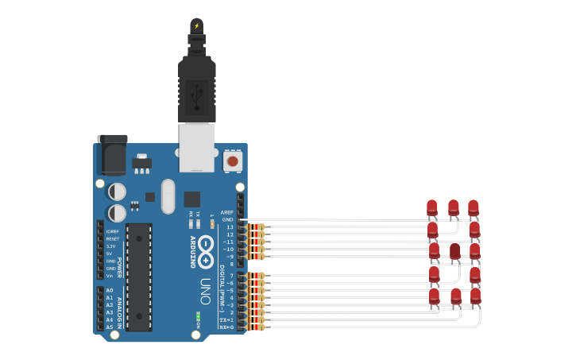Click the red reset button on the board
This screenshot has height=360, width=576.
233,161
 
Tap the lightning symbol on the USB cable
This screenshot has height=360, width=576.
196,25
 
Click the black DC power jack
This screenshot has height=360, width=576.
112,155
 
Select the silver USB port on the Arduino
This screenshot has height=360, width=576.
196,148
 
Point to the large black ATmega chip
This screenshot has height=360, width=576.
139,277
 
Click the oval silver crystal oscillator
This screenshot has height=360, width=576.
168,195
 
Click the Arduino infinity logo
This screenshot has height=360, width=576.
205,247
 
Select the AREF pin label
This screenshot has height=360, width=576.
227,212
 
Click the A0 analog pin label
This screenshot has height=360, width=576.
110,290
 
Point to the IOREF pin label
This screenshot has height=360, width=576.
113,231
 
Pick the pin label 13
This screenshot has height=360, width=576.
230,227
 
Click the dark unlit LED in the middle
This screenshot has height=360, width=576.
454,252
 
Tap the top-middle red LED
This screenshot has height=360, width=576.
453,208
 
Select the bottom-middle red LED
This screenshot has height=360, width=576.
455,296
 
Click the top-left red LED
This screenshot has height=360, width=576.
431,208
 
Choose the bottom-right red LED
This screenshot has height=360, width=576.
475,296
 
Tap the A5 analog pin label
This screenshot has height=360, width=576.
110,327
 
